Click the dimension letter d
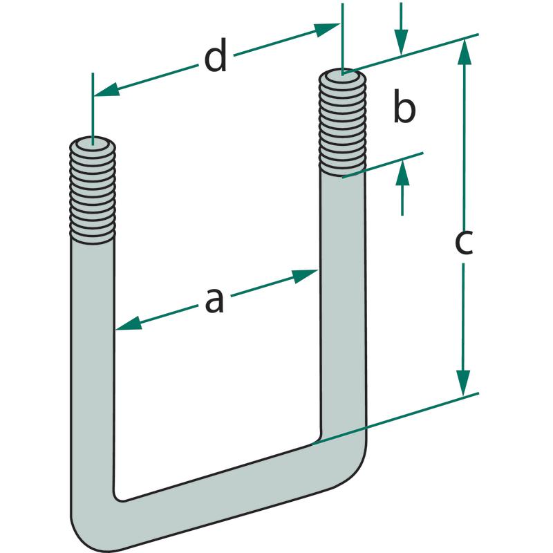pos(216,59)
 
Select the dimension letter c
pos(463,243)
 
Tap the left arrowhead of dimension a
pos(129,324)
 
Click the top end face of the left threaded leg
pos(93,146)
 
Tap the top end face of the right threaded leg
pos(342,74)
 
